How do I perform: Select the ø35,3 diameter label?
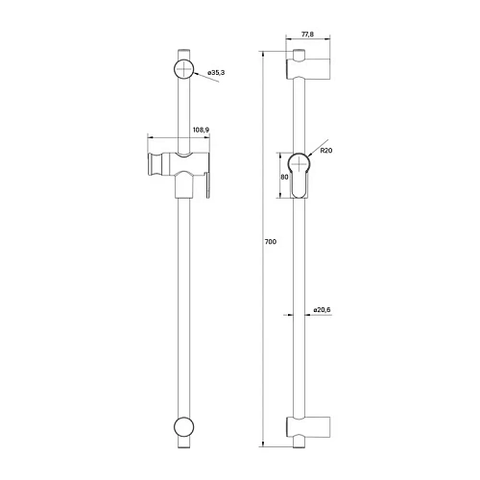tap(217, 71)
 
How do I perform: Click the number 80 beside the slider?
tap(284, 177)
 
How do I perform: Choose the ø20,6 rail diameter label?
tap(323, 309)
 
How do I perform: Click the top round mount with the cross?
tap(183, 69)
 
